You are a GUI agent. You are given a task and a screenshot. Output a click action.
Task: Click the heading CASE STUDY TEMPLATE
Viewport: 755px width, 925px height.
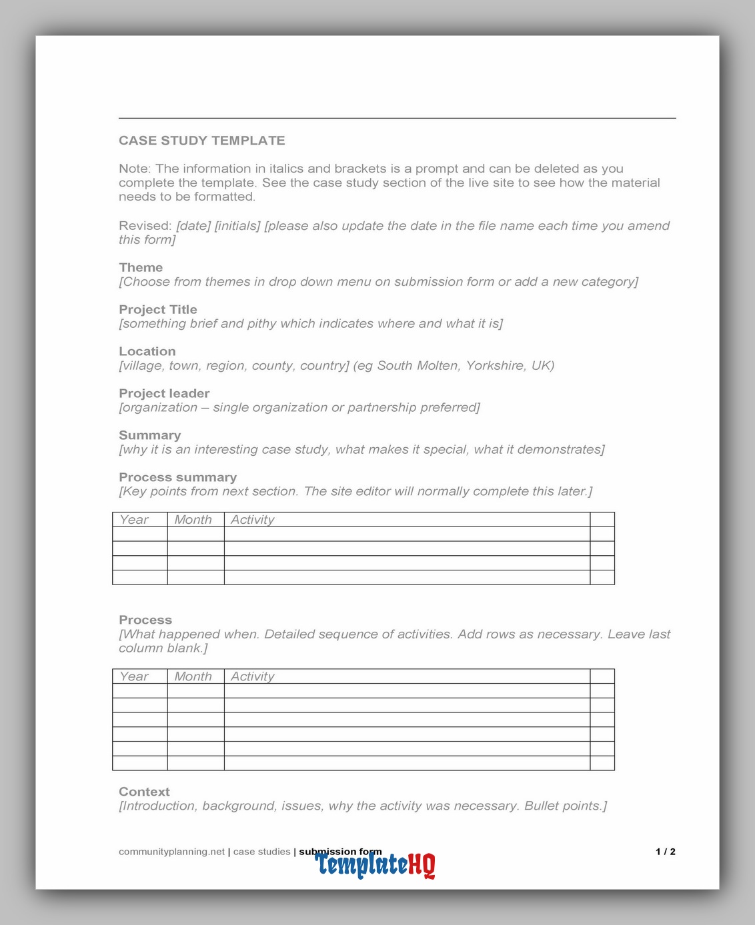tap(201, 141)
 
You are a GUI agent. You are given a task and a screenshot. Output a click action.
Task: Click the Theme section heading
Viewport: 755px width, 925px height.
tap(141, 267)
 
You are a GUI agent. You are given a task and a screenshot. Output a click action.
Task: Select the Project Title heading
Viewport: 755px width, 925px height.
tap(158, 309)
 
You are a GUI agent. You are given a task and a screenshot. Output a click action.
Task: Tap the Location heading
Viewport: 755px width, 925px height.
tap(147, 351)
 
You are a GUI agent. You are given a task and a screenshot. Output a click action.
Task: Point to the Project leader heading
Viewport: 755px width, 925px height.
tap(164, 393)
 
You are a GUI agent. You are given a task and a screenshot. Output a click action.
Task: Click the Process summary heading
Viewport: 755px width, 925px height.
tap(177, 477)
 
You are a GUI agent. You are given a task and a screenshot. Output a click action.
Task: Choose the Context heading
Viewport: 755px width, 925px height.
tap(144, 792)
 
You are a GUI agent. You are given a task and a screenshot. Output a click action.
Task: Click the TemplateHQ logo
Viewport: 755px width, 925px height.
tap(375, 865)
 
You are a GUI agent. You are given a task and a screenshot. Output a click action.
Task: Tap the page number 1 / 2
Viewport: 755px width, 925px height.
tap(665, 852)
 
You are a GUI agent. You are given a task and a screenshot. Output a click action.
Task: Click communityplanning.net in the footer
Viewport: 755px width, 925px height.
tap(171, 852)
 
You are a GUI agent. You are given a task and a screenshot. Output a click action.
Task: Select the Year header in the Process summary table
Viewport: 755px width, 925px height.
tap(134, 520)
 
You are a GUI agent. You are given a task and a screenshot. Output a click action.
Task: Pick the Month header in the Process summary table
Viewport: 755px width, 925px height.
tap(193, 520)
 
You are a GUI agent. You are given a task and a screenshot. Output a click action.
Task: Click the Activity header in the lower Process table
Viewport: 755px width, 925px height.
tap(252, 676)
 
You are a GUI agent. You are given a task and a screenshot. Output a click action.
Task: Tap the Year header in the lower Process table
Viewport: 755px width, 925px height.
tap(134, 676)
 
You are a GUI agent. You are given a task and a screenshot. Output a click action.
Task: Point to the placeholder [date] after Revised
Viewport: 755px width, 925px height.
tap(193, 226)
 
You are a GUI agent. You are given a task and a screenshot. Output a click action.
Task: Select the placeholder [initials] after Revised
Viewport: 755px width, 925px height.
tap(237, 226)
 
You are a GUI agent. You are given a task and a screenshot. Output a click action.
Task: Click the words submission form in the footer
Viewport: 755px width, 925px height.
tap(340, 852)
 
